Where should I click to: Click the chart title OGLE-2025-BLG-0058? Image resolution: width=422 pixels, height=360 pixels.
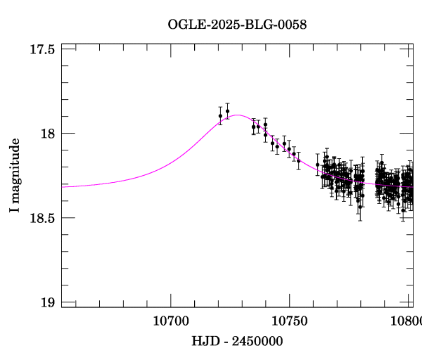[237, 25]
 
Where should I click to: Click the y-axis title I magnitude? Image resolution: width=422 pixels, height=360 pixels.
[15, 176]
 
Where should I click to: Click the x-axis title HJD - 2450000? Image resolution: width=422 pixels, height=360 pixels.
[238, 342]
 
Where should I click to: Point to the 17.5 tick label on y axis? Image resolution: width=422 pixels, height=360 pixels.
[43, 49]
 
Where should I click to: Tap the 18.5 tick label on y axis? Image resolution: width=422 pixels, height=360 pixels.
[43, 218]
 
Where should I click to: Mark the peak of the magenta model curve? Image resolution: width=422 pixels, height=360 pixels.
[238, 115]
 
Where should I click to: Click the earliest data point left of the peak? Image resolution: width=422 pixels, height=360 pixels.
[220, 116]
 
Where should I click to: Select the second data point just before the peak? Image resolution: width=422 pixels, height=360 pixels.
[227, 111]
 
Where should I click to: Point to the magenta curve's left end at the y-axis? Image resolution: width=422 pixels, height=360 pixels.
[63, 186]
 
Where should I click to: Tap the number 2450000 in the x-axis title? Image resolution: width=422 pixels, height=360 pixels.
[258, 342]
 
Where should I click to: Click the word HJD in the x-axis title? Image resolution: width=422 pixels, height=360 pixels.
[203, 342]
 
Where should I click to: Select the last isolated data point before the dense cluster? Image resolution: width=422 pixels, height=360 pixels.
[317, 165]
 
